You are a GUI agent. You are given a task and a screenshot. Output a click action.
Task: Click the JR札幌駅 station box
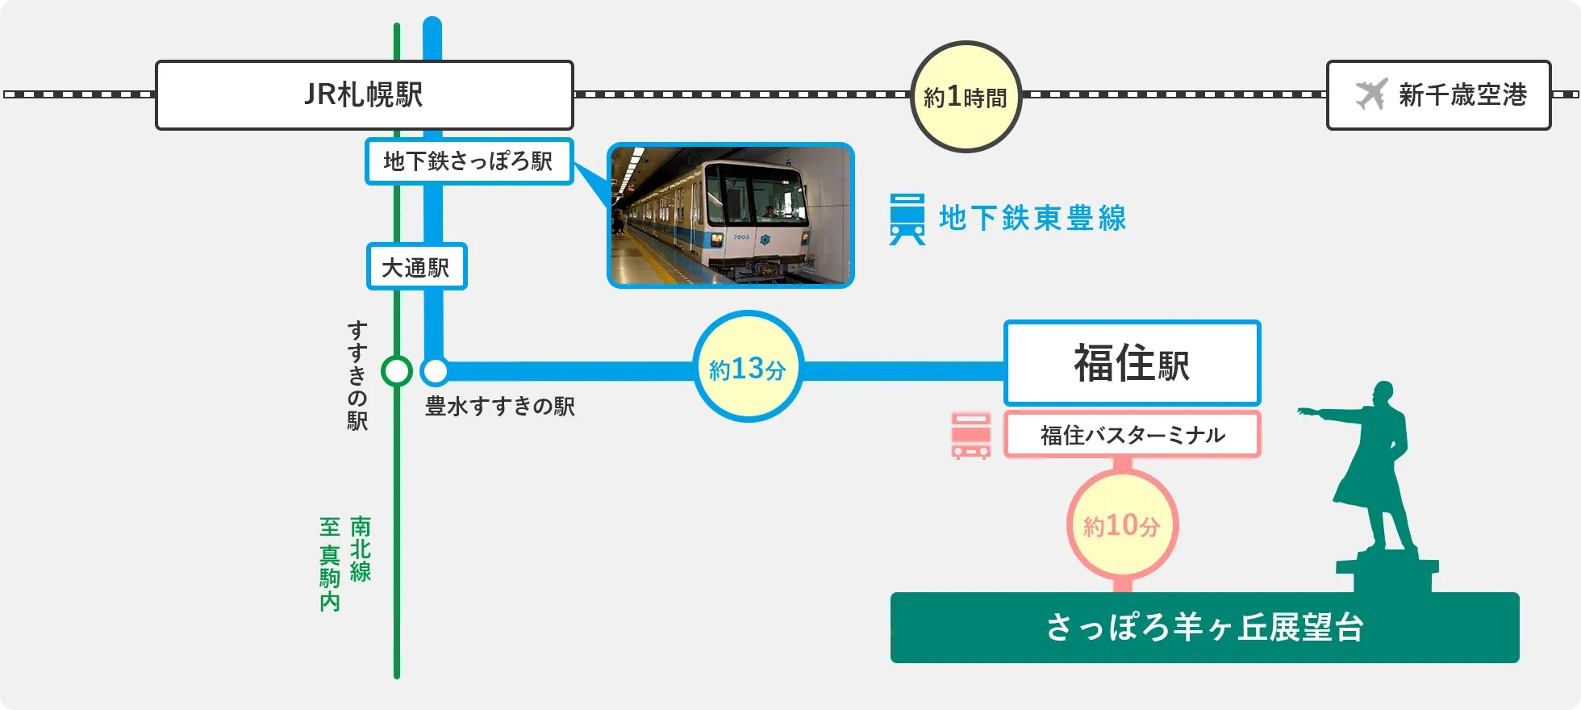(x=364, y=95)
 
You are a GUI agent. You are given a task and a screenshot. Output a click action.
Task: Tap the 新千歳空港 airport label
(x=1462, y=95)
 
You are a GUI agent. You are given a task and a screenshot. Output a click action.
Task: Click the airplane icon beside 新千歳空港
(x=1371, y=94)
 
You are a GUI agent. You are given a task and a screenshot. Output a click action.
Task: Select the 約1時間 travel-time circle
(x=966, y=97)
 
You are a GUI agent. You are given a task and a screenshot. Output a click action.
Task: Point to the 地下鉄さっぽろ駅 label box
(x=469, y=161)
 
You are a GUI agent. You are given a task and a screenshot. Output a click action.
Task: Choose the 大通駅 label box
(x=416, y=267)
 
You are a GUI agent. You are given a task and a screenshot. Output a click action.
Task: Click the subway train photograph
(x=730, y=215)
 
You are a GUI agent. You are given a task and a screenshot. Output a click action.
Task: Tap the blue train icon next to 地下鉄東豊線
(x=907, y=219)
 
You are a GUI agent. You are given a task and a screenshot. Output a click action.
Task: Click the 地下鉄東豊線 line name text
(x=1032, y=219)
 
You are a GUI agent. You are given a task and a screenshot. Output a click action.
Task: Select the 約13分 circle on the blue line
(x=748, y=368)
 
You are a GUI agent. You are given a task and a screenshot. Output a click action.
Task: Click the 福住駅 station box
(x=1131, y=363)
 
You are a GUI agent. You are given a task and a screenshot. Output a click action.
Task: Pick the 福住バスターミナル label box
(x=1132, y=435)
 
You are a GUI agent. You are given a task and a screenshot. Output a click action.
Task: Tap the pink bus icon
(x=970, y=436)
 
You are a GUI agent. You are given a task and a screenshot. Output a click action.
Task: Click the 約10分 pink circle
(x=1122, y=525)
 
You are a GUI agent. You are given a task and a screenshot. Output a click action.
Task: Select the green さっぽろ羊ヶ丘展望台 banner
(x=1203, y=628)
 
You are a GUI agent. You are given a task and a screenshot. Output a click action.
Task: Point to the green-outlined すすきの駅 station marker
(x=396, y=371)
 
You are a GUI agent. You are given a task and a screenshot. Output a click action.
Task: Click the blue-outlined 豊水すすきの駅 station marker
(x=435, y=371)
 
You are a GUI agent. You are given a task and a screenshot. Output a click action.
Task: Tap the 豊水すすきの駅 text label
(x=500, y=406)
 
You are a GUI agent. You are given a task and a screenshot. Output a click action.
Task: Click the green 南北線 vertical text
(x=361, y=549)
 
